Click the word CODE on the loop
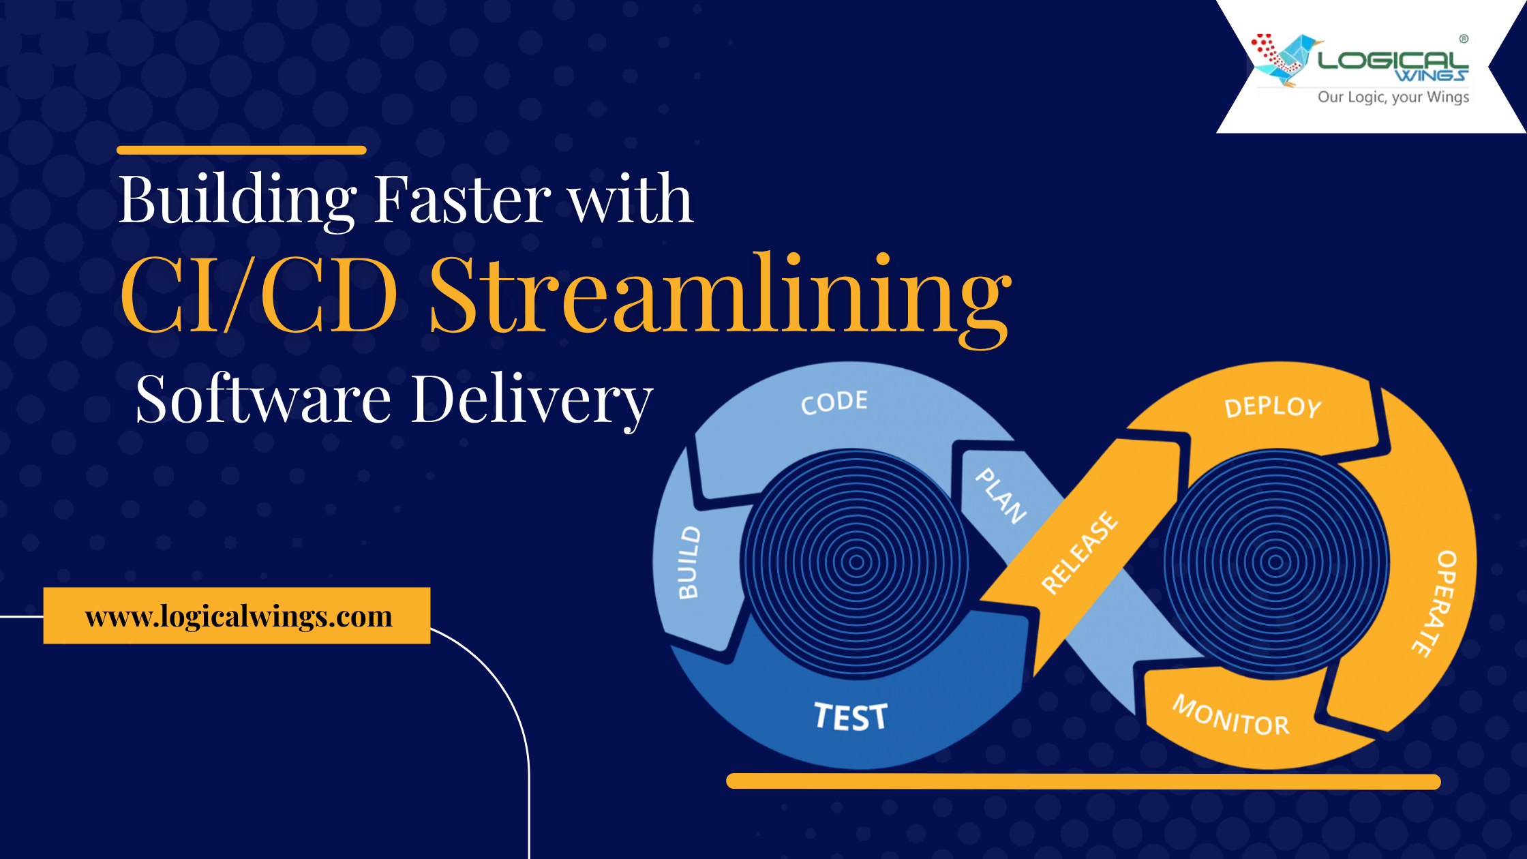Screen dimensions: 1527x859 tap(834, 402)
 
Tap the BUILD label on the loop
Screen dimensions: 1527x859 tap(689, 562)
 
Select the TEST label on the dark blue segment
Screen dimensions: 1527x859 tap(851, 717)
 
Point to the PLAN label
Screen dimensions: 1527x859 tap(1001, 496)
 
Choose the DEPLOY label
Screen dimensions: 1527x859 tap(1273, 407)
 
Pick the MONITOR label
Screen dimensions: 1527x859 tap(1231, 716)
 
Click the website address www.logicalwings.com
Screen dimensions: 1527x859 tap(239, 616)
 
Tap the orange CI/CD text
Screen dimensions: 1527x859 tap(259, 295)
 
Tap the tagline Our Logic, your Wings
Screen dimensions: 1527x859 tap(1393, 97)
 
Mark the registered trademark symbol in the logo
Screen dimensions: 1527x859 tap(1464, 39)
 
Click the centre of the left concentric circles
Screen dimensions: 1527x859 tap(856, 562)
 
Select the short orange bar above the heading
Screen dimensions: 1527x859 tap(241, 150)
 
